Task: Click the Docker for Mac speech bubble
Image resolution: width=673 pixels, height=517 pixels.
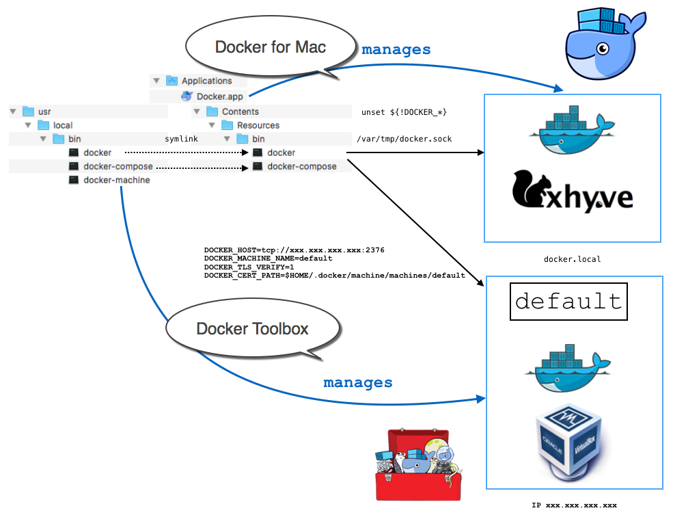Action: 270,47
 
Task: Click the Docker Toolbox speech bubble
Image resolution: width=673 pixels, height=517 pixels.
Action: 252,328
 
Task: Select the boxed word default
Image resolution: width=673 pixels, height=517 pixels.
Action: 568,302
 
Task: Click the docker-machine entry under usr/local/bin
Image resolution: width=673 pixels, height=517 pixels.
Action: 116,180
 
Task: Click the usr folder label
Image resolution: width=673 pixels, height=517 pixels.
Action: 44,111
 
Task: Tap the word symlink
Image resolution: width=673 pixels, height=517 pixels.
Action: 181,139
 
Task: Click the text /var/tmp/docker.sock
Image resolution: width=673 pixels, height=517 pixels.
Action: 404,139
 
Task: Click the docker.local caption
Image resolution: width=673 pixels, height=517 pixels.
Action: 572,259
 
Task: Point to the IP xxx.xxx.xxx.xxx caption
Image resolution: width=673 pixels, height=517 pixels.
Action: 574,505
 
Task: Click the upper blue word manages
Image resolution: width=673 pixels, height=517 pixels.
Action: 396,49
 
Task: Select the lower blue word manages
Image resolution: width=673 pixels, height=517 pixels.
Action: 357,382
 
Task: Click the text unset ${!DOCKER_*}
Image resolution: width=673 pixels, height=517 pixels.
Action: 404,111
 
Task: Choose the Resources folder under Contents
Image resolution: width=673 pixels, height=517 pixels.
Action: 258,125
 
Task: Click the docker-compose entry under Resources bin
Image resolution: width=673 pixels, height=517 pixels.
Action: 301,166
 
